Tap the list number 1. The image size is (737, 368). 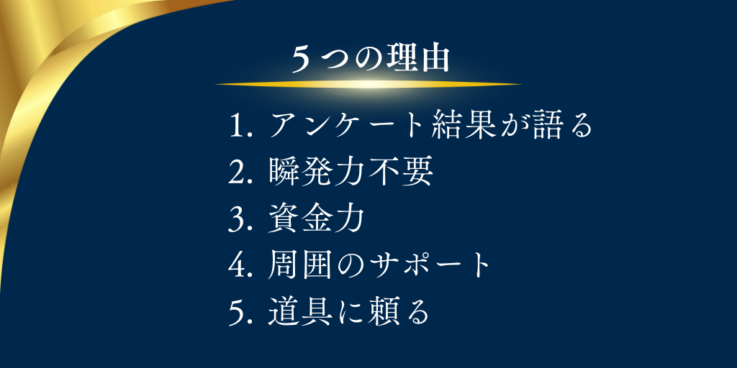point(237,126)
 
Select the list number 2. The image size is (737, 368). point(237,173)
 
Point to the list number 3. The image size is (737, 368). point(237,220)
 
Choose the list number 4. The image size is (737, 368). point(237,267)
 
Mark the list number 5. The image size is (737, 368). point(237,314)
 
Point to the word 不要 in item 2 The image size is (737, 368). point(408,172)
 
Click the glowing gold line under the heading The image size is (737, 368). point(368,84)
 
